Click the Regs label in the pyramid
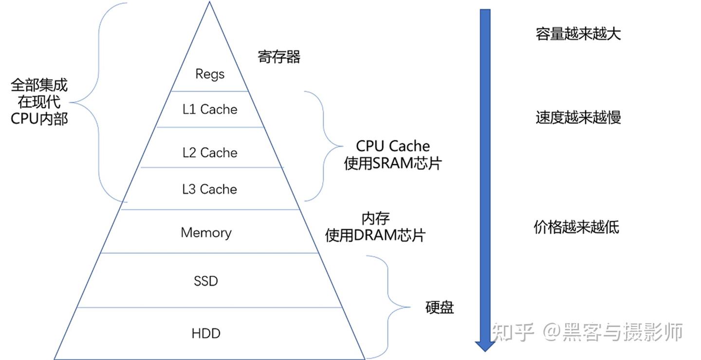210,74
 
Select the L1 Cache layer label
210,109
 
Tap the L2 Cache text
210,152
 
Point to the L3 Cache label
210,189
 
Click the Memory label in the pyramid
206,232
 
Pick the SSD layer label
206,281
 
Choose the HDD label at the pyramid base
206,334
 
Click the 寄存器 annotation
279,57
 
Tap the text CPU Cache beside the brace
393,146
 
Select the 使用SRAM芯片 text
392,163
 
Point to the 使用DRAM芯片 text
375,235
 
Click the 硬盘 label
439,307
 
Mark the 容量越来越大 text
578,34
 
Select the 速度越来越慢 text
578,118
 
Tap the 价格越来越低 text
576,227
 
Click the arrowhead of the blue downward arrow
485,345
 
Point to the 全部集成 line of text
39,86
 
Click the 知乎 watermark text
514,332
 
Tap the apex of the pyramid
209,2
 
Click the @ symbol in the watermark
553,332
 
